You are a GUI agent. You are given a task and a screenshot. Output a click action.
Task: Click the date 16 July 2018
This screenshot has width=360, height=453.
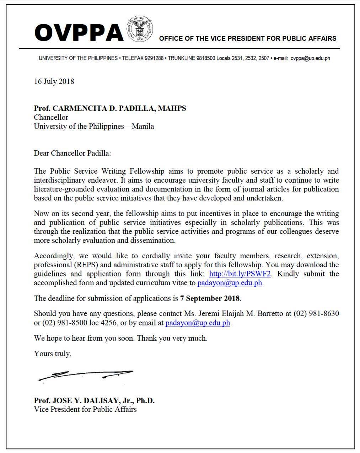click(54, 81)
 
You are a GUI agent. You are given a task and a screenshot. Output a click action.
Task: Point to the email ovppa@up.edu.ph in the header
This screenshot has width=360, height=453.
click(310, 58)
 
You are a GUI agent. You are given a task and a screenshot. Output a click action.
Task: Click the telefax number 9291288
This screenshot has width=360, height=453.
click(154, 58)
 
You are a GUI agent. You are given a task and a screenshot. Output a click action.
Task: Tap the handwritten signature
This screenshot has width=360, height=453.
click(86, 374)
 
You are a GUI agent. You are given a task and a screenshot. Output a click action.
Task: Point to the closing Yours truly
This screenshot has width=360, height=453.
click(53, 354)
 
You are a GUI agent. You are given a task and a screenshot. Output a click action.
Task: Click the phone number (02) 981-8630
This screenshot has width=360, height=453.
click(316, 314)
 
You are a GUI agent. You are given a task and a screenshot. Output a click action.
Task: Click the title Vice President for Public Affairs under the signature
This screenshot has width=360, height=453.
click(85, 409)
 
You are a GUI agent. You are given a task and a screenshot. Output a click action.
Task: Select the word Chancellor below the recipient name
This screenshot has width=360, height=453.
click(51, 117)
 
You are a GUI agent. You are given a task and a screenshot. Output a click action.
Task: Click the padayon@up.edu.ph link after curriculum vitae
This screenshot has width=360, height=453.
click(230, 283)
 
